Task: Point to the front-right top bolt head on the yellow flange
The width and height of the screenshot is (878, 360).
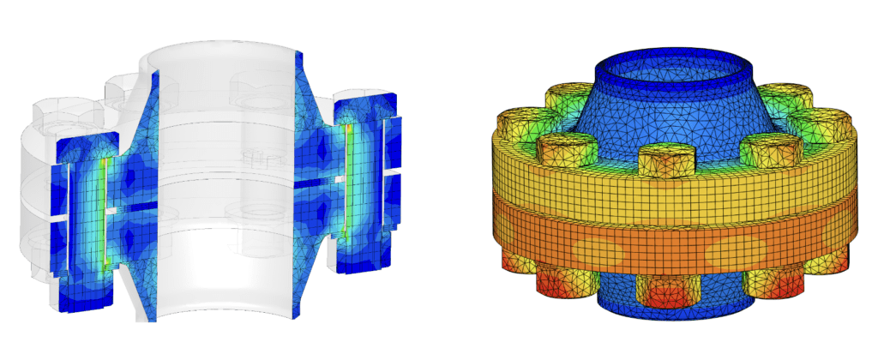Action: click(x=761, y=150)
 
